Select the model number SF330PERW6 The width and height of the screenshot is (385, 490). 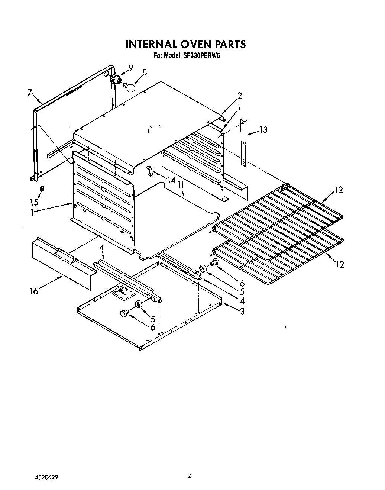tap(200, 56)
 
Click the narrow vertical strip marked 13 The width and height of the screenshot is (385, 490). tap(243, 142)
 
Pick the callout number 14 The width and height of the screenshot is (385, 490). tap(171, 180)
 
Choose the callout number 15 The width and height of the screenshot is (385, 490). tap(34, 202)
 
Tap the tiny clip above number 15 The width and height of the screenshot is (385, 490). tap(42, 188)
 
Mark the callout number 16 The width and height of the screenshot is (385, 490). tap(34, 291)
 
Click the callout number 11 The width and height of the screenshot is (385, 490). tap(181, 184)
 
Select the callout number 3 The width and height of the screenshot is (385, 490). tap(242, 311)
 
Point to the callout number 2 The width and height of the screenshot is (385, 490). tap(240, 96)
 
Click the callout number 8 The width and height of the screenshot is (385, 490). tap(145, 72)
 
